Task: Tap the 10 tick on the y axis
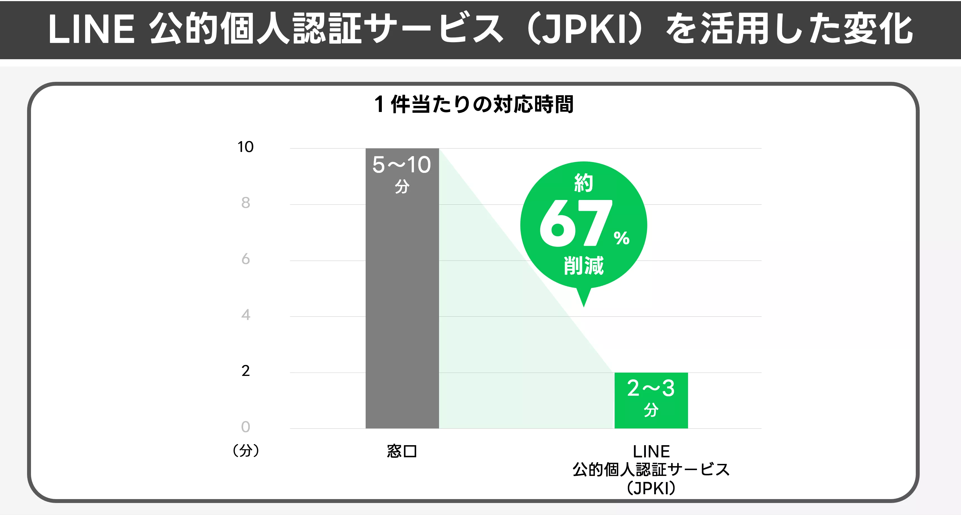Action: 245,147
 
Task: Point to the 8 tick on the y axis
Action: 245,203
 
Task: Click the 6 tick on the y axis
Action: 245,259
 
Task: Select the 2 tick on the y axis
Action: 245,371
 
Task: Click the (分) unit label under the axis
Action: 245,451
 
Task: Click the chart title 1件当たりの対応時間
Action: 474,104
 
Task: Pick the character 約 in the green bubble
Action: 583,183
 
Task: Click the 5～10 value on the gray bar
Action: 402,165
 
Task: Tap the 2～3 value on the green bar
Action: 651,388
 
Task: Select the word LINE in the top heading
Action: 91,29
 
